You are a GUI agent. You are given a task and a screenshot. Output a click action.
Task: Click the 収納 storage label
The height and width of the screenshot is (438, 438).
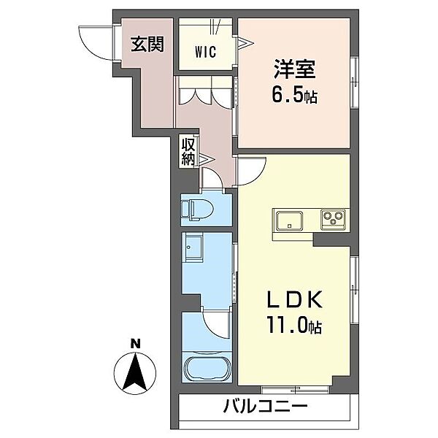coord(188,152)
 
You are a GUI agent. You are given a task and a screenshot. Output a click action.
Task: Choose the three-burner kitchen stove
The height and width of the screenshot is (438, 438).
coord(334,218)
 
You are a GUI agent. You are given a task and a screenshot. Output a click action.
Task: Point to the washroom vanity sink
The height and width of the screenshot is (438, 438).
coord(194,250)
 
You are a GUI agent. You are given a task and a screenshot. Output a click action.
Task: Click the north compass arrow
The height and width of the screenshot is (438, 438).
coord(134,372)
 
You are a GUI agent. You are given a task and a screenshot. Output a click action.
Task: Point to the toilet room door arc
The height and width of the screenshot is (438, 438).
coord(216,177)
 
